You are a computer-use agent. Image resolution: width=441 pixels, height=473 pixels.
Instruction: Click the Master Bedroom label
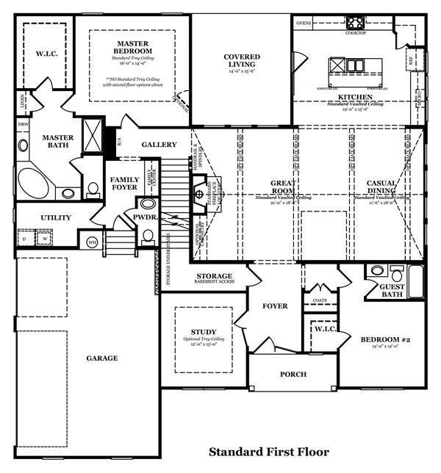pos(132,48)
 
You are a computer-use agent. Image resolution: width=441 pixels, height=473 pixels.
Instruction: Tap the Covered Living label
pos(242,60)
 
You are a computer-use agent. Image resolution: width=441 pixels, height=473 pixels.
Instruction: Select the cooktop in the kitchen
pos(356,21)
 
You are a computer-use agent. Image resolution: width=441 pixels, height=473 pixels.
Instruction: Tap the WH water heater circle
pos(92,242)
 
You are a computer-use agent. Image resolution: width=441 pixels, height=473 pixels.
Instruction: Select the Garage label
pos(101,358)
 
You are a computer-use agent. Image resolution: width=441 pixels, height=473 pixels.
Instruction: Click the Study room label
pos(204,332)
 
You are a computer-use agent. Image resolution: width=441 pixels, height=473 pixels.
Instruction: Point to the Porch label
pos(293,375)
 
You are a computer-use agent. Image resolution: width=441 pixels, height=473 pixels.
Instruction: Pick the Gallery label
pos(159,145)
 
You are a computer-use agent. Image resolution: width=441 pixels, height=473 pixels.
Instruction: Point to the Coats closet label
pos(319,300)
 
